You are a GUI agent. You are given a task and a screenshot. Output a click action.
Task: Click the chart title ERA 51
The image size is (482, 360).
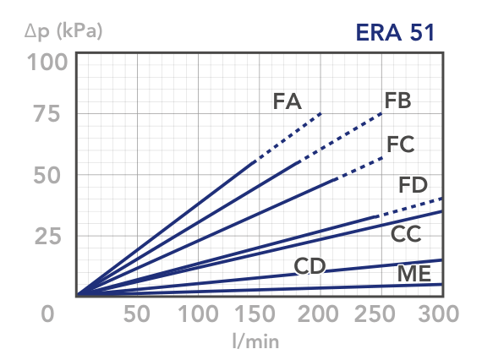pos(395,32)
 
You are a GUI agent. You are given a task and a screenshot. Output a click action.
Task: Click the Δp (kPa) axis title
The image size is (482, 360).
pos(63,31)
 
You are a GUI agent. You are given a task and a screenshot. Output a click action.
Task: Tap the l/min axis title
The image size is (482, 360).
pos(255,341)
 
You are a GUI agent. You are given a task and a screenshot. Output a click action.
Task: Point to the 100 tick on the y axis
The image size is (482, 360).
pos(47,62)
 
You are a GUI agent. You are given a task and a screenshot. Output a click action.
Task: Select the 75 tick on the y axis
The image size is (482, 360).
pos(47,114)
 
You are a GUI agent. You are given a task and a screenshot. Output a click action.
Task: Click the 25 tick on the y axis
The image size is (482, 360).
pos(47,237)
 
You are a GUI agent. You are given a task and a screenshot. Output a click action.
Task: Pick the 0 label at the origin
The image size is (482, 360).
pos(47,314)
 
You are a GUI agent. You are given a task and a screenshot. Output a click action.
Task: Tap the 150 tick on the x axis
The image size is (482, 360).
pos(255,314)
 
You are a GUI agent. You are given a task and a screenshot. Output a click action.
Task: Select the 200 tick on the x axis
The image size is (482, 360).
pos(318,314)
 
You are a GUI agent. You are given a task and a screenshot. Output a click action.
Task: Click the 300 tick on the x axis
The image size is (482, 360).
pos(439,314)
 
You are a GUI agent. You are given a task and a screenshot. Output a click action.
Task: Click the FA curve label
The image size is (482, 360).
pos(288,101)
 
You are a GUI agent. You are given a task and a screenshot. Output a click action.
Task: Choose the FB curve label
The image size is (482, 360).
pos(397,101)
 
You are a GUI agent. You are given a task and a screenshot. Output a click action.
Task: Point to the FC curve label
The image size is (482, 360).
pos(401,144)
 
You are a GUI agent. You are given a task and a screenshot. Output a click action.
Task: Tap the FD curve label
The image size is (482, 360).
pos(413,185)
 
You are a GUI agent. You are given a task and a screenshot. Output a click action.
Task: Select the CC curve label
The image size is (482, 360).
pos(406,234)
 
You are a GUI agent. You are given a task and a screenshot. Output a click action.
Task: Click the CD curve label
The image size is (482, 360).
pos(309,266)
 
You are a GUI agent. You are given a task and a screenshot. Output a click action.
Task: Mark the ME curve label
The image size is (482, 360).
pos(414,274)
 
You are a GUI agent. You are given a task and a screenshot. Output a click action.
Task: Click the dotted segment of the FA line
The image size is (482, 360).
pos(289,136)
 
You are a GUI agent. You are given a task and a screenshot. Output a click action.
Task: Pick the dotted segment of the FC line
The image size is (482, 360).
pos(359,168)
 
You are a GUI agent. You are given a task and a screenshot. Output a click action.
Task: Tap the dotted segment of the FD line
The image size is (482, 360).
pos(409,207)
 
